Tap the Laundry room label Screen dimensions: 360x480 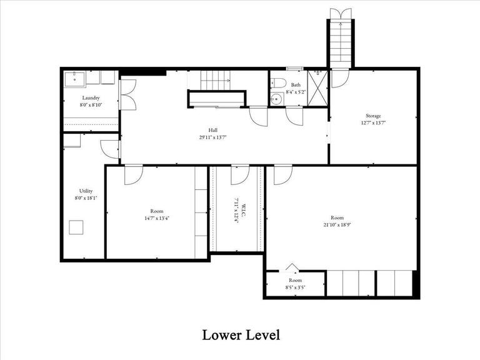(x=91, y=98)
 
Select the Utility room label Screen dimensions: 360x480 (x=86, y=191)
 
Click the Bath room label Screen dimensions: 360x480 (x=295, y=84)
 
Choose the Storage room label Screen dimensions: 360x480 (x=373, y=116)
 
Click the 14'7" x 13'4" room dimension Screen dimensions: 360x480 (x=156, y=218)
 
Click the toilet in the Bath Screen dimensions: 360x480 (x=279, y=82)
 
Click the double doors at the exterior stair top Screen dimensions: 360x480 (x=341, y=14)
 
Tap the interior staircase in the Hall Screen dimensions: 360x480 (x=216, y=80)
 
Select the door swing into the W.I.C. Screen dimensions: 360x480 (x=239, y=176)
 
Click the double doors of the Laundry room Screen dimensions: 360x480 (x=127, y=94)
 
